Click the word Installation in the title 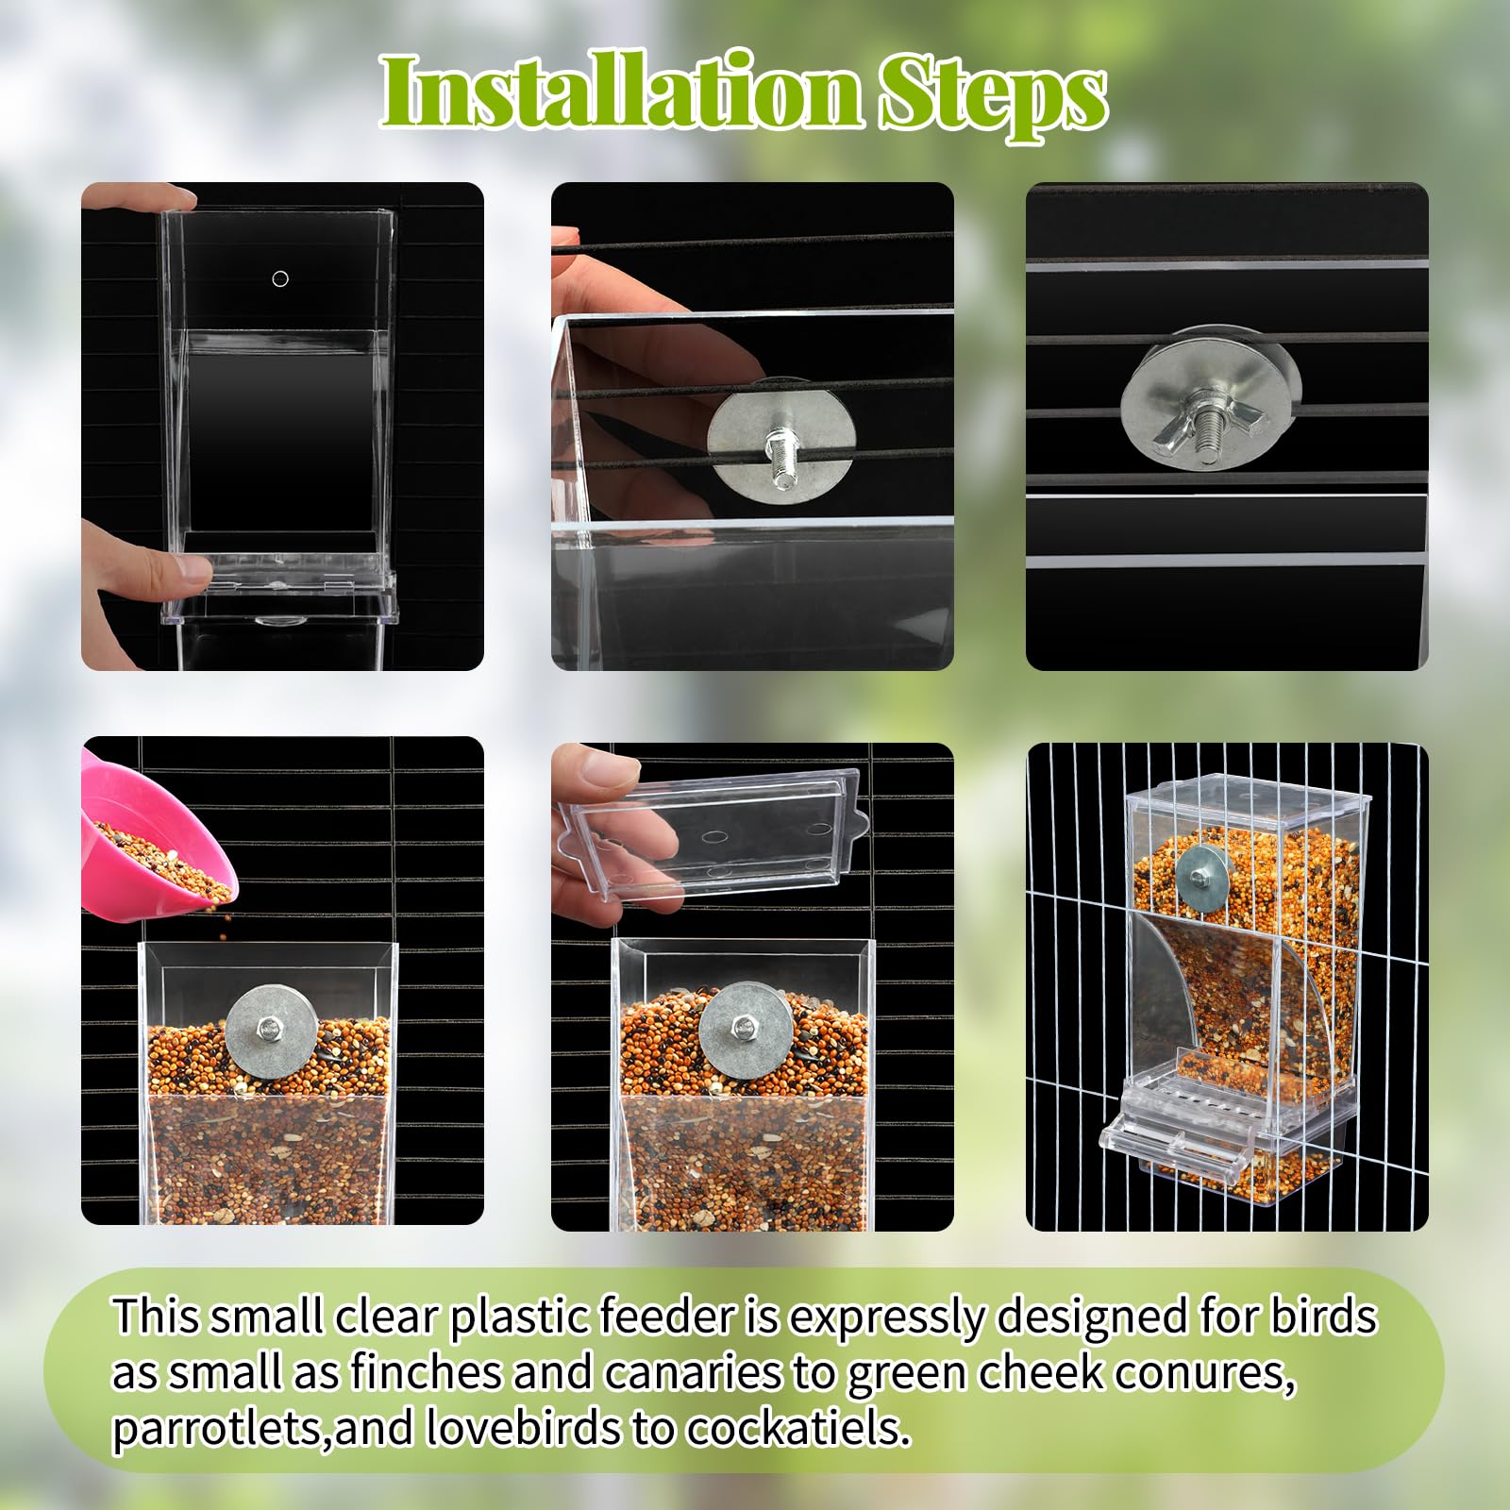(x=621, y=92)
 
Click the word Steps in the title (x=992, y=94)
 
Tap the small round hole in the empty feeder (x=280, y=278)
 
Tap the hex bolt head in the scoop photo (x=271, y=1027)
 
